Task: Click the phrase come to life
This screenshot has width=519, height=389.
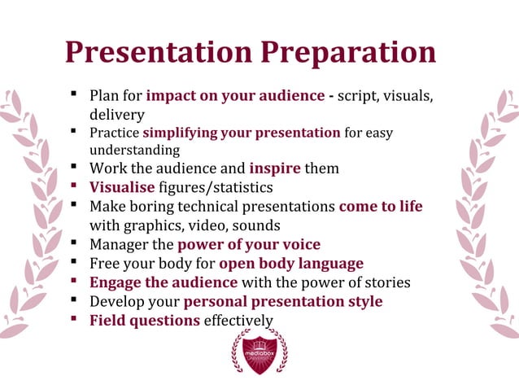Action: pos(381,207)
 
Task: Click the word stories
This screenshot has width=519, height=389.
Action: pos(385,282)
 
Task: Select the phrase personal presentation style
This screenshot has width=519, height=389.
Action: pos(283,302)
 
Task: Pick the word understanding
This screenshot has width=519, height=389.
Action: pos(134,151)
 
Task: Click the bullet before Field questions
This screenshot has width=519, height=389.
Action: pos(73,319)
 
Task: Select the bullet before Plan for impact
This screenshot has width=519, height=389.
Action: pos(73,94)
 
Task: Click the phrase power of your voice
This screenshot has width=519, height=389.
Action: pos(249,244)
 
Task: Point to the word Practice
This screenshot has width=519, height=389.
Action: pos(115,133)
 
